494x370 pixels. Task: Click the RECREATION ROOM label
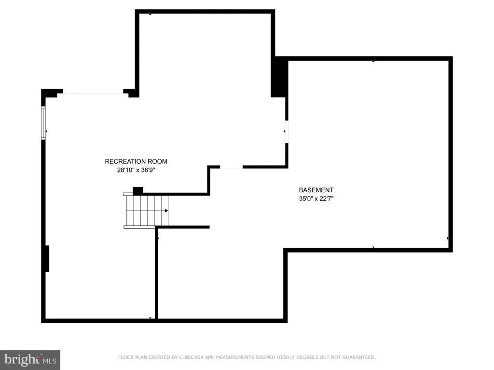pos(136,161)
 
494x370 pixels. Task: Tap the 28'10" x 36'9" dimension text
pos(136,170)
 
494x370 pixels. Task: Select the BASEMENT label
pos(316,190)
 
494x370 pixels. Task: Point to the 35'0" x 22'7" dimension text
pos(316,198)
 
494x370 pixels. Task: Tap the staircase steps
pos(146,211)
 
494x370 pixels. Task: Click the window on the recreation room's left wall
pos(43,123)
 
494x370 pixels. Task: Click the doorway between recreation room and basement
pos(287,132)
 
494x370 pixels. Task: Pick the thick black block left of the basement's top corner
pos(279,77)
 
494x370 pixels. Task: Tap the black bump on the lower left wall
pos(47,259)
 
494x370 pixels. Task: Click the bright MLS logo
pos(30,360)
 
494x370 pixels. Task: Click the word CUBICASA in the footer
pos(192,357)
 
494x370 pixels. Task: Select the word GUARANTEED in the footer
pos(359,357)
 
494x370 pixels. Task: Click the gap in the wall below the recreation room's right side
pos(231,167)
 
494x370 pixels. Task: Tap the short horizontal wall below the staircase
pos(183,227)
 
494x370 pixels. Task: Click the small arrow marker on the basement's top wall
pos(373,61)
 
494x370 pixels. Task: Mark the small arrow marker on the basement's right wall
pos(448,238)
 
